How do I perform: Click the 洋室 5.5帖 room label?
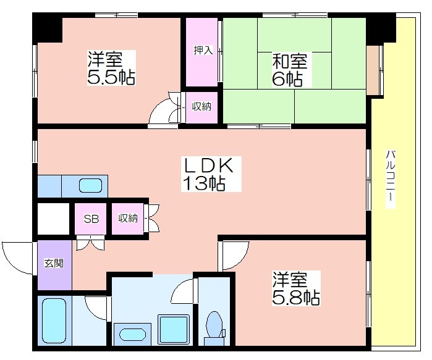point(111,68)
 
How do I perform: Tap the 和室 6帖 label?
point(289,70)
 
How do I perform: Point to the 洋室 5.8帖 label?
point(296,288)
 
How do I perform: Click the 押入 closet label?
point(203,51)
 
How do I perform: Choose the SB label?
point(91,219)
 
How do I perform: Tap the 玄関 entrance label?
point(54,264)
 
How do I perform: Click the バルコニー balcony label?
point(391,179)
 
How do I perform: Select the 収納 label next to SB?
point(128,219)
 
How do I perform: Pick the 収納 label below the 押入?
point(201,106)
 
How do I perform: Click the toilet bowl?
point(214,325)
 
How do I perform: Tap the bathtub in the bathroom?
point(54,321)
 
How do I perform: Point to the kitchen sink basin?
point(91,185)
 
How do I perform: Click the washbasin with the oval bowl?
point(132,335)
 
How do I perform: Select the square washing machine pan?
point(173,330)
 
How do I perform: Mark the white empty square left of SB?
point(53,219)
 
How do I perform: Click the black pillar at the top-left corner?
point(48,28)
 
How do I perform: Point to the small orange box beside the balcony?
point(372,70)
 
